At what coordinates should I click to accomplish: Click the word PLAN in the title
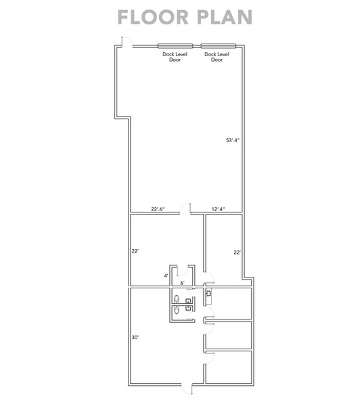[217, 16]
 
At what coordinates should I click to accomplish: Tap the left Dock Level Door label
[175, 57]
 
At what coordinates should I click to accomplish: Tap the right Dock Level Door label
[217, 57]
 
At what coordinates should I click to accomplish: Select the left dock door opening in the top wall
[175, 46]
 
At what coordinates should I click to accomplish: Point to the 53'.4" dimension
[233, 140]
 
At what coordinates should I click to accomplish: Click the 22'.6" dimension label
[156, 208]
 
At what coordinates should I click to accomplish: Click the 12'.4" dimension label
[217, 208]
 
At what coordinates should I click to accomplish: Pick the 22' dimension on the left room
[135, 251]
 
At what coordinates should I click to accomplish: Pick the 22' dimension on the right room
[237, 252]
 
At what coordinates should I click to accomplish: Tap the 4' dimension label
[166, 275]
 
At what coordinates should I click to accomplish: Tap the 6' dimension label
[183, 282]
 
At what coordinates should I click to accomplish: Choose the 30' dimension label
[135, 336]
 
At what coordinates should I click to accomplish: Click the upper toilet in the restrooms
[177, 298]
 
